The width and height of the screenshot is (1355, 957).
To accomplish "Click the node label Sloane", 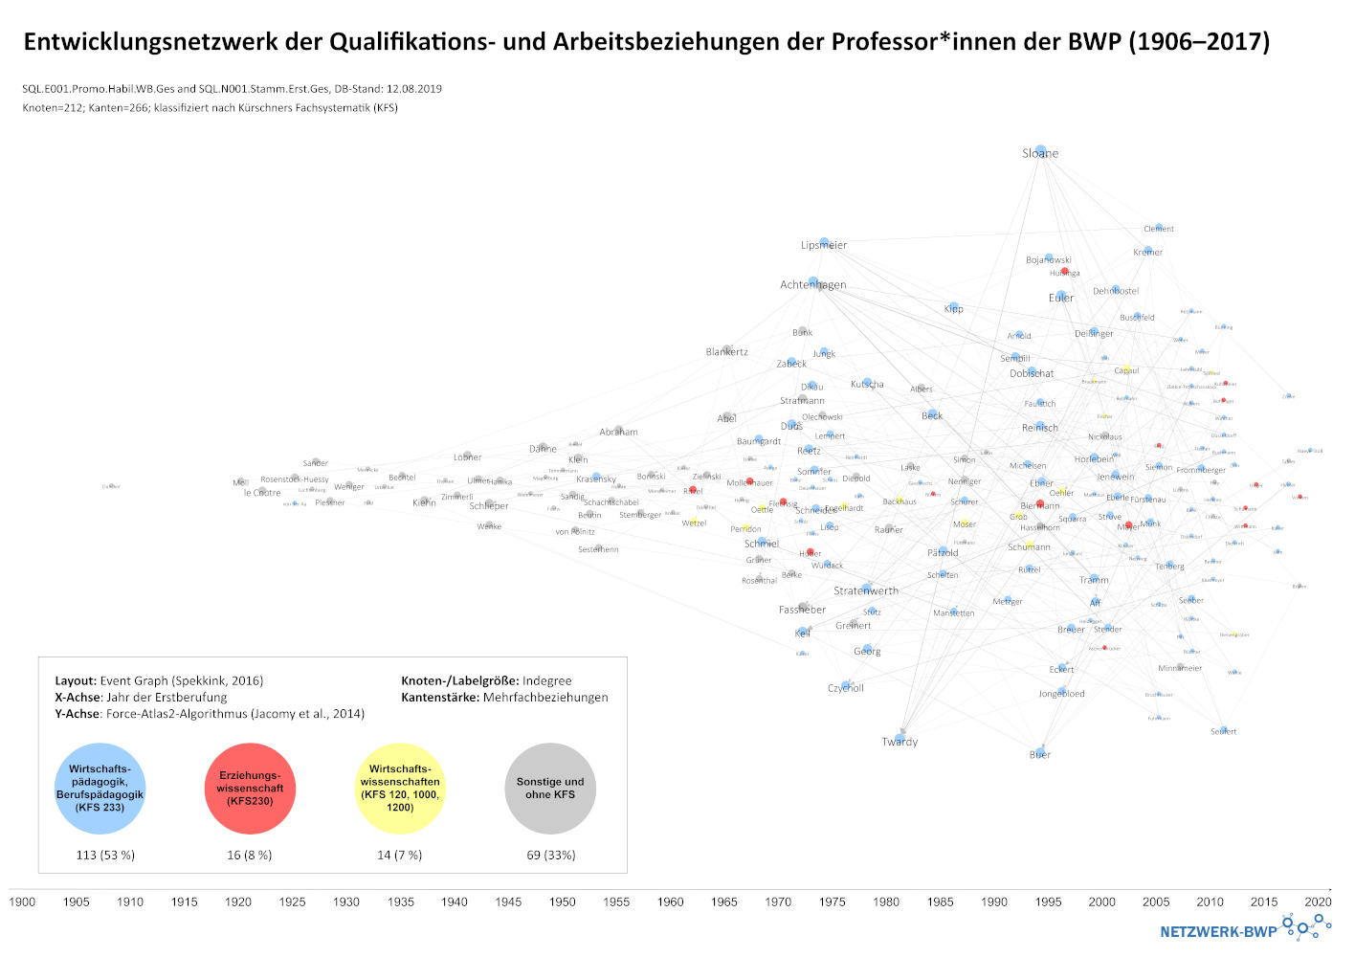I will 1040,153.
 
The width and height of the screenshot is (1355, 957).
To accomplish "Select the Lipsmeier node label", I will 824,245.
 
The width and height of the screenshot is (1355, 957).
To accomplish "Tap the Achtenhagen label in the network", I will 813,284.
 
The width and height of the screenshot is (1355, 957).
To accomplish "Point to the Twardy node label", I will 900,742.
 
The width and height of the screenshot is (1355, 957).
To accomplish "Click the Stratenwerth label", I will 866,590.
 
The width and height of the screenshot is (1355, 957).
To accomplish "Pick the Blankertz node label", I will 727,351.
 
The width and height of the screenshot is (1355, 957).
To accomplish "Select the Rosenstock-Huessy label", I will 295,479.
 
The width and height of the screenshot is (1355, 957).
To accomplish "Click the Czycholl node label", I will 846,688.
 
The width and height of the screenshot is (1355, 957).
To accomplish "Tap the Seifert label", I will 1224,731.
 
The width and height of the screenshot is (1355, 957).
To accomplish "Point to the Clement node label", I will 1159,229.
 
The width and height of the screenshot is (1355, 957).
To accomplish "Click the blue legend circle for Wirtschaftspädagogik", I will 100,788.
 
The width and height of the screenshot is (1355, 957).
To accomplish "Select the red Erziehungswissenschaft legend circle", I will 251,788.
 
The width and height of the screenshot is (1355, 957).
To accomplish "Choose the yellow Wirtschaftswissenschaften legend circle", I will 400,788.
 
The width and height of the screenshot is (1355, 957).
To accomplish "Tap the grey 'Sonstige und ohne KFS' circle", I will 550,788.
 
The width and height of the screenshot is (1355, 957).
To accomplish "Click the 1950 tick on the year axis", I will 563,901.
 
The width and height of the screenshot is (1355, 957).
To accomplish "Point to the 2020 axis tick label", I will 1318,901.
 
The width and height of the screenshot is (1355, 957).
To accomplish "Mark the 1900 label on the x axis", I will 22,901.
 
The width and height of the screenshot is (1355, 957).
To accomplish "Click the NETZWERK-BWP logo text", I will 1218,931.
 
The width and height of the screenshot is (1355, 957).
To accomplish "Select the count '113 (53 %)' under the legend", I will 105,855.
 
